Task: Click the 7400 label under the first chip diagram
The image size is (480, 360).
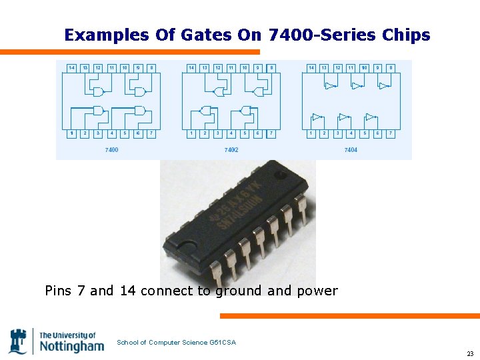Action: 111,150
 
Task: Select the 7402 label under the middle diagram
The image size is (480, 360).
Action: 231,150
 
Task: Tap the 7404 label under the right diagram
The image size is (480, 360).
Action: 351,150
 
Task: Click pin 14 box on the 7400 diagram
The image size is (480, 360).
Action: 71,67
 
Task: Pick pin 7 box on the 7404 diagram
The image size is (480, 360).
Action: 391,133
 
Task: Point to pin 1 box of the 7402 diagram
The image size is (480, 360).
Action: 191,133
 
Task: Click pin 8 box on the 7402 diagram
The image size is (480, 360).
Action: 271,67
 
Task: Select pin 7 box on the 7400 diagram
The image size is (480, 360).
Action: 151,133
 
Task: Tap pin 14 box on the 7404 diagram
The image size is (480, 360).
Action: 311,67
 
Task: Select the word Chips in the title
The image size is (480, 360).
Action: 406,35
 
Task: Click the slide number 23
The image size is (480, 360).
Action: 469,353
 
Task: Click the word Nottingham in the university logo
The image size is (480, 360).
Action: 72,346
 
